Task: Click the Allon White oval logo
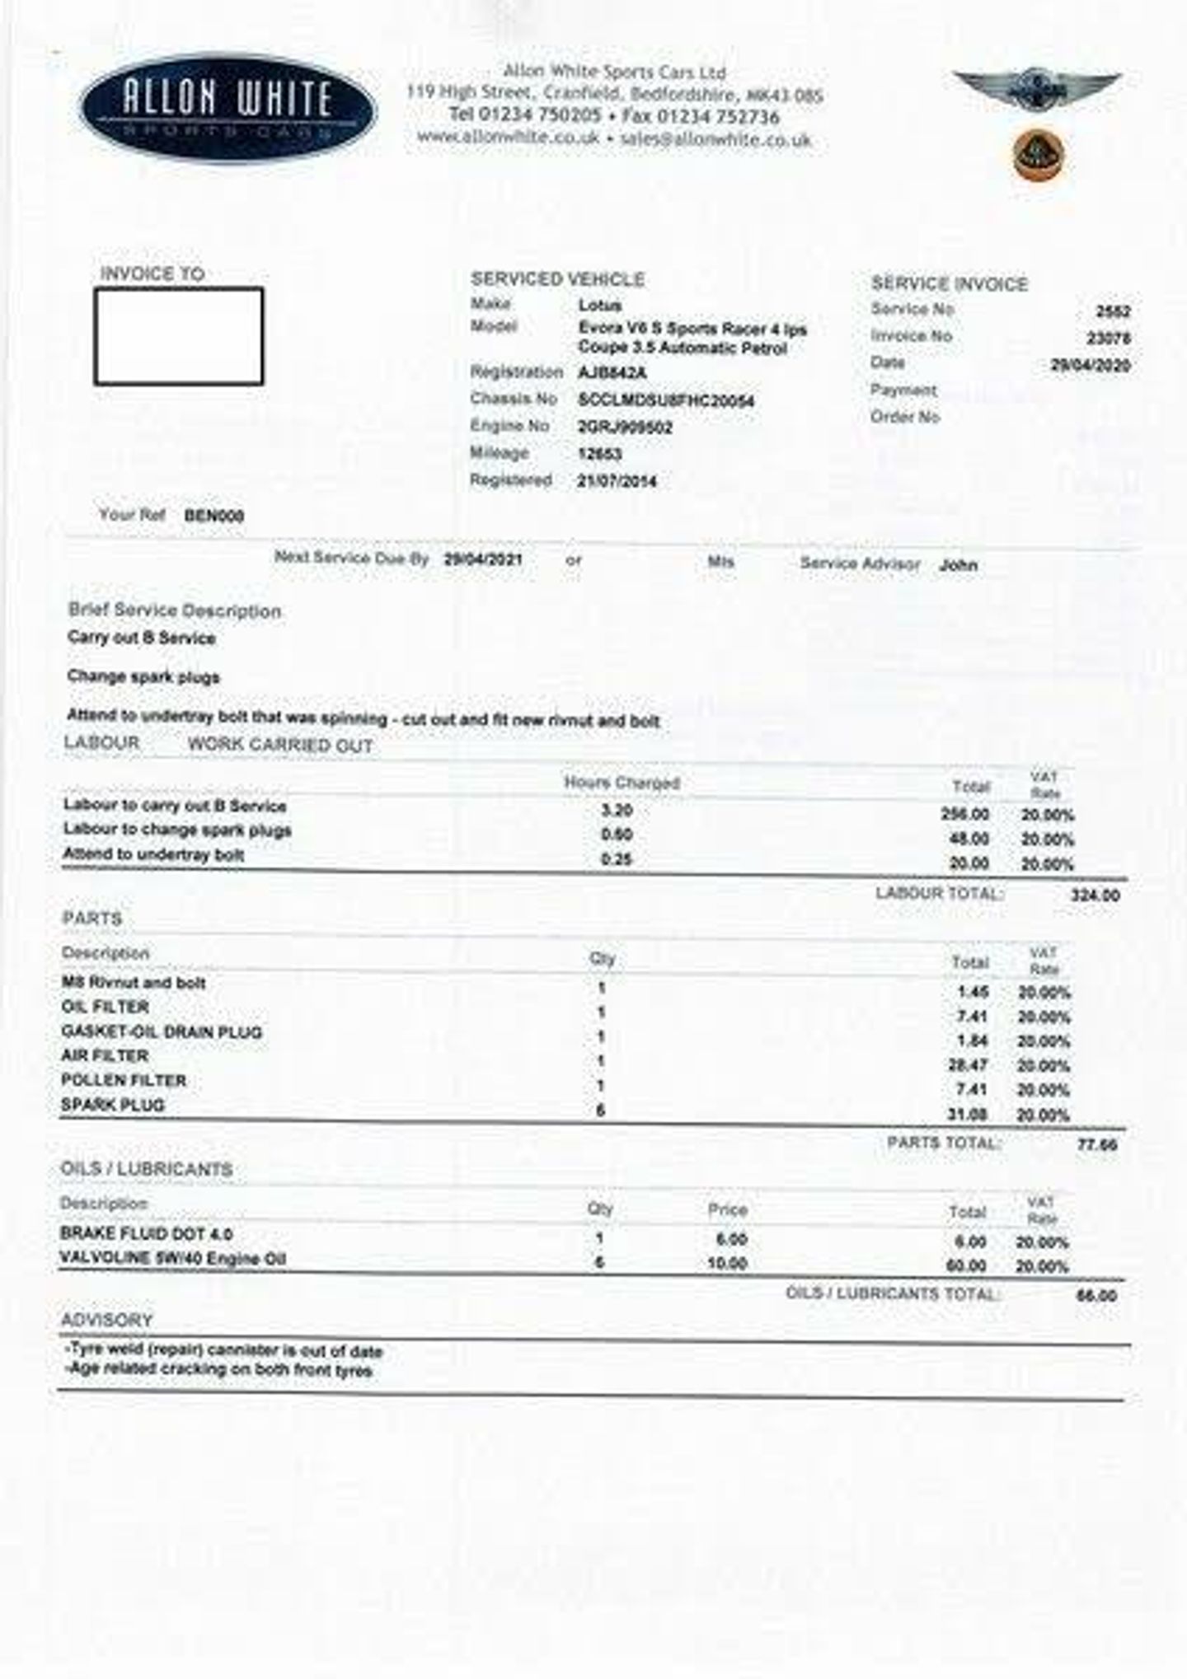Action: point(228,108)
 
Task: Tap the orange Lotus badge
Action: point(1039,154)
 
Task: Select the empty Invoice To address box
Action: point(179,336)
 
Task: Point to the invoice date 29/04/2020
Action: point(1090,365)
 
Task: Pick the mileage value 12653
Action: point(600,454)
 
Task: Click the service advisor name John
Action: point(958,565)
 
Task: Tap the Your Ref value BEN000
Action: point(214,517)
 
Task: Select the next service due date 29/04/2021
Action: point(483,559)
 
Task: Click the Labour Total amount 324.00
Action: point(1095,896)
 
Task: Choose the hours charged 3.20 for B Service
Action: point(617,811)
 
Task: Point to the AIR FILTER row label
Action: point(105,1056)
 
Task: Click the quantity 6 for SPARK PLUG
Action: point(601,1111)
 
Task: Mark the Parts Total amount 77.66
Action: point(1097,1145)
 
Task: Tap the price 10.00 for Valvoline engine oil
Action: point(727,1264)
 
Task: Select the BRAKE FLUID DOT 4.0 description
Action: point(147,1234)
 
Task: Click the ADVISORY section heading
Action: point(107,1320)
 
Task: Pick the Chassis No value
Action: point(666,401)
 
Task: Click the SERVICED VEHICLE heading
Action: point(557,279)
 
